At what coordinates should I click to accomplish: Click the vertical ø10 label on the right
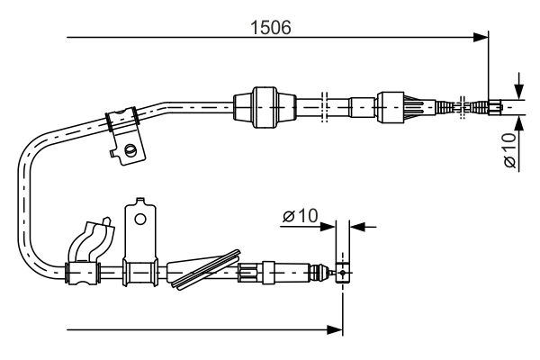[509, 149]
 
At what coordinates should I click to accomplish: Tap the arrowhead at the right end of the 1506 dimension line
[480, 38]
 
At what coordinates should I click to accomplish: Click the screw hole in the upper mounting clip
[131, 150]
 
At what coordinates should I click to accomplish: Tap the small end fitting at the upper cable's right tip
[494, 107]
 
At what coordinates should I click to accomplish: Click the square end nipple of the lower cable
[341, 271]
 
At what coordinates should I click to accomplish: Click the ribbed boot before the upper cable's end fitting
[450, 106]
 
